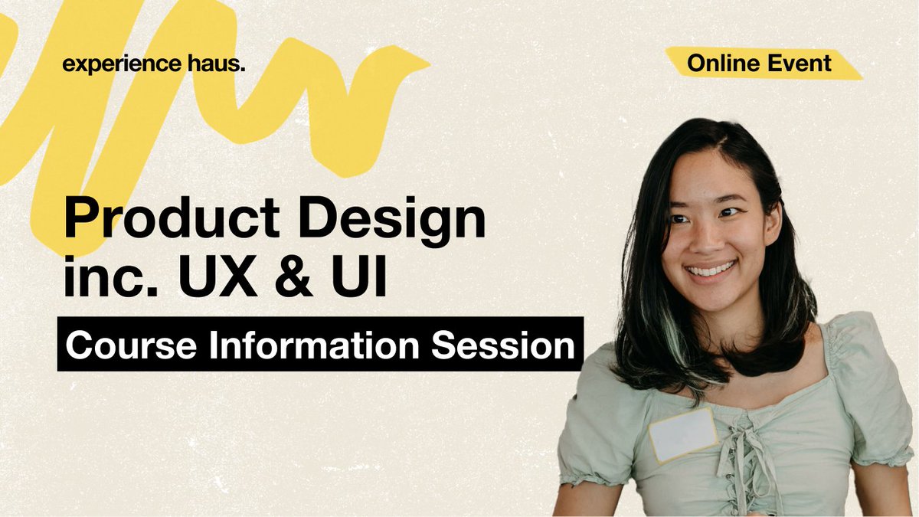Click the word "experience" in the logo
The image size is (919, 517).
pyautogui.click(x=121, y=65)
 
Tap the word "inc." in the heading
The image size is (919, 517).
pyautogui.click(x=107, y=278)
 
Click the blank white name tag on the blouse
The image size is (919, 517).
pyautogui.click(x=683, y=434)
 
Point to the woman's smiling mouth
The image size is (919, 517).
pyautogui.click(x=710, y=269)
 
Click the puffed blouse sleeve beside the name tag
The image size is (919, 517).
pyautogui.click(x=594, y=444)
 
